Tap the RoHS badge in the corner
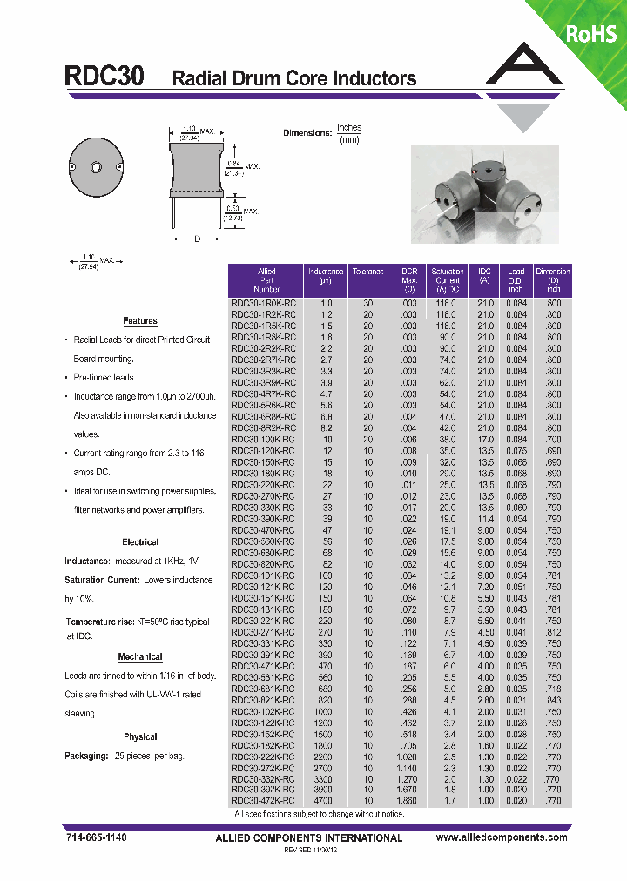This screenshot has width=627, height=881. coord(591,34)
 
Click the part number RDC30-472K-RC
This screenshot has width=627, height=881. coord(263,800)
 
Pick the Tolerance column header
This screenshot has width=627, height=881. coord(367,272)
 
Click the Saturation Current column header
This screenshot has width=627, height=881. coord(448,280)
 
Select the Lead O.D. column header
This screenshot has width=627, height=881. coord(516,280)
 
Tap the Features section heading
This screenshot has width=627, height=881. coord(140,321)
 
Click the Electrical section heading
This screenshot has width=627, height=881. coord(140,542)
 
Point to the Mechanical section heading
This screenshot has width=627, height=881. coord(140,657)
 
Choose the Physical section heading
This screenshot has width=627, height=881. coord(140,737)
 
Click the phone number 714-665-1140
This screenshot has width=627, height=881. coord(97,837)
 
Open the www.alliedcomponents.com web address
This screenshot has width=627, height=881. coord(501,837)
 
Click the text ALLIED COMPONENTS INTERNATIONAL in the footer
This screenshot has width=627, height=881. coord(308,838)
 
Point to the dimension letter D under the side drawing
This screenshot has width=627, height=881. coord(196,239)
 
